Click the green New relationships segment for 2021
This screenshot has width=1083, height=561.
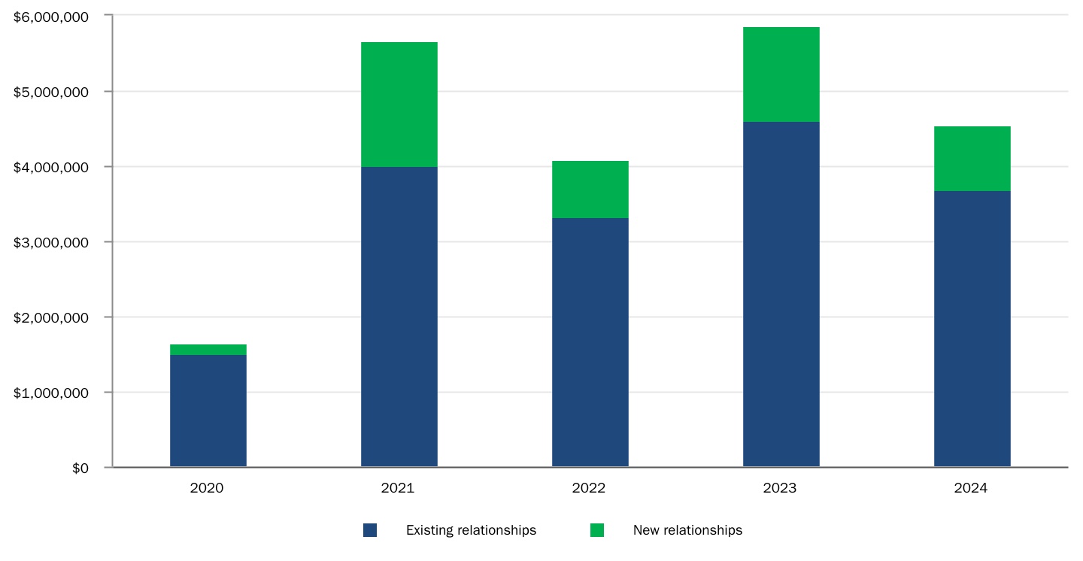399,104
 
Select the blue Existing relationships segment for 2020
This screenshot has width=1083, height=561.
208,411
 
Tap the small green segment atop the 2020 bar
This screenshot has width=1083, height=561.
208,350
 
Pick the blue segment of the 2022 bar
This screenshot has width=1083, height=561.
590,342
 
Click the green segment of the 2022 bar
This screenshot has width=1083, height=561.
590,190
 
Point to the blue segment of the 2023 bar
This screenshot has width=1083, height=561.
781,294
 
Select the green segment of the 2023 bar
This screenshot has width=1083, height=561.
781,74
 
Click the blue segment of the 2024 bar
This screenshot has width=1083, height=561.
972,329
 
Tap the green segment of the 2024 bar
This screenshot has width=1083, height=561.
972,159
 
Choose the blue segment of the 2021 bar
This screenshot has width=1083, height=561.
399,317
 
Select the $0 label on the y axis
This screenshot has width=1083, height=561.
80,468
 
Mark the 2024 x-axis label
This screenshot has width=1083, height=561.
970,488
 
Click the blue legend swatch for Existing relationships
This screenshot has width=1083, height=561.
370,530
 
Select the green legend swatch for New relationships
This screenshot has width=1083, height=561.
597,530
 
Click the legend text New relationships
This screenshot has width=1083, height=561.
687,530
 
